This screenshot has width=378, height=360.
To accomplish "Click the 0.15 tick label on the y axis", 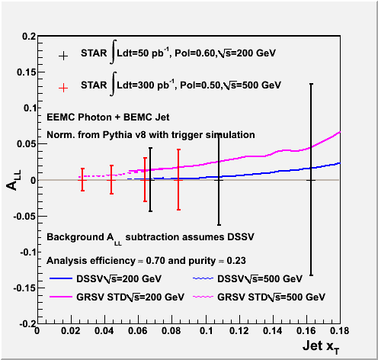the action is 27,72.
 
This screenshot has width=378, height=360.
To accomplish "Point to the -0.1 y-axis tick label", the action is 28,252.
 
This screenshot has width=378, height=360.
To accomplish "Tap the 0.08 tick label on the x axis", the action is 171,331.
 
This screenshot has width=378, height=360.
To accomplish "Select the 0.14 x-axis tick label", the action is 273,331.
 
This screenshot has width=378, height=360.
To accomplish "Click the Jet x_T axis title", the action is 321,347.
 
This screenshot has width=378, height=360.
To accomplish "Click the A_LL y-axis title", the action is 14,180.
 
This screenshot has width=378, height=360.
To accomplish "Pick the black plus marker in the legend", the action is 63,56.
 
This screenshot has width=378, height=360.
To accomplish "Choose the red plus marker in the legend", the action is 63,88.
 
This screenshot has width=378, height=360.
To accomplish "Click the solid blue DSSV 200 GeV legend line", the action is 61,278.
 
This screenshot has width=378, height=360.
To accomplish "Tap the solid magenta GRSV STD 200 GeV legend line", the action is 61,297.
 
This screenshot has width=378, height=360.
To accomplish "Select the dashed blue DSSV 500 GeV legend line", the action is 203,278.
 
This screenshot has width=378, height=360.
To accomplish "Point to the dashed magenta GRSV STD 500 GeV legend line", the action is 203,297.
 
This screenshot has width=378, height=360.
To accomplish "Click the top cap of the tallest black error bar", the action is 311,84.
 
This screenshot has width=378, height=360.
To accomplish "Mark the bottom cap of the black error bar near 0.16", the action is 311,275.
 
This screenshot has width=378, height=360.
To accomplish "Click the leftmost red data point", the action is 82,180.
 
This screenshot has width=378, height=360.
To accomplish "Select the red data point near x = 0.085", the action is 178,180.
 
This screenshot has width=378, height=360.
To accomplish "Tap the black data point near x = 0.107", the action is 219,180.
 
